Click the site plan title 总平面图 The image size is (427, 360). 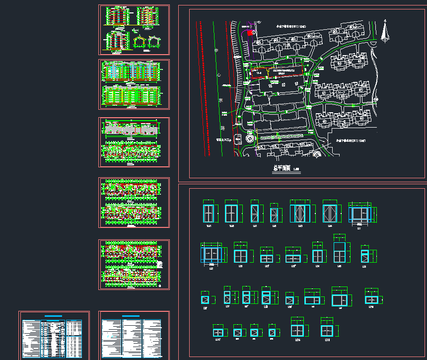[x=282, y=168]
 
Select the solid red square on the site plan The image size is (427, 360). [x=249, y=32]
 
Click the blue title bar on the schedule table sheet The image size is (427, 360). [x=54, y=316]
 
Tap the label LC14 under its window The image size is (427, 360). [x=298, y=340]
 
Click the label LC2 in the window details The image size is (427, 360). [x=212, y=268]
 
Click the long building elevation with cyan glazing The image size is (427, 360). [x=131, y=70]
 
